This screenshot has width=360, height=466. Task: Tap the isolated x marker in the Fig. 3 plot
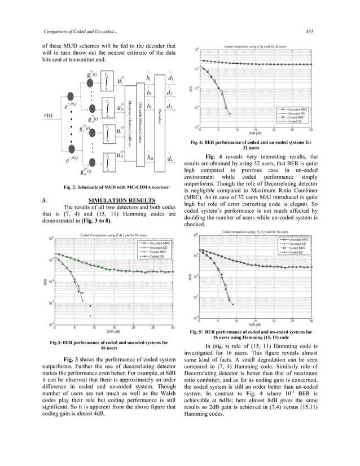[90, 316]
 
